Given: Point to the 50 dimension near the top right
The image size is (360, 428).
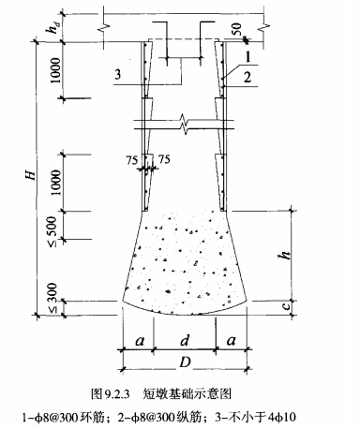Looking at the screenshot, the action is tap(236, 30).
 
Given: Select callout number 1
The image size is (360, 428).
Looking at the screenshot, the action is tap(247, 57).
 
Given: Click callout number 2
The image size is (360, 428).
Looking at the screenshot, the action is tap(247, 77).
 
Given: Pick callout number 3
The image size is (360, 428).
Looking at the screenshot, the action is tap(117, 75).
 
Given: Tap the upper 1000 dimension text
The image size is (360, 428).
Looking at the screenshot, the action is tap(55, 70).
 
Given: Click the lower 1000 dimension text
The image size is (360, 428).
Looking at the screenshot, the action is tap(55, 183).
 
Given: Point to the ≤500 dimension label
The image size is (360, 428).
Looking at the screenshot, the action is tap(53, 231).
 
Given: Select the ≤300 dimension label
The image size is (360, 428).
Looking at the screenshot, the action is tap(53, 298).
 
